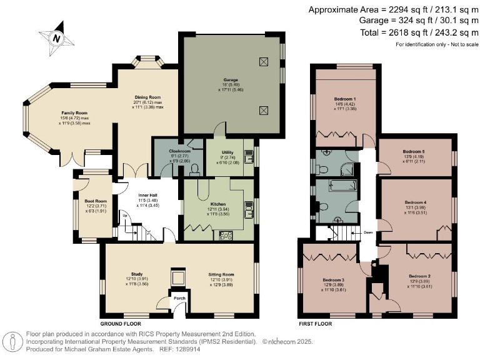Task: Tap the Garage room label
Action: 231,80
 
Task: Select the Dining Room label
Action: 147,97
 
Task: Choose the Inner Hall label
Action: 147,195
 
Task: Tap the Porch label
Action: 179,298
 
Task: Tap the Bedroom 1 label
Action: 345,99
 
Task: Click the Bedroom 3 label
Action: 334,279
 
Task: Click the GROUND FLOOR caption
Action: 120,324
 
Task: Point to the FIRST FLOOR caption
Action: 314,324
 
